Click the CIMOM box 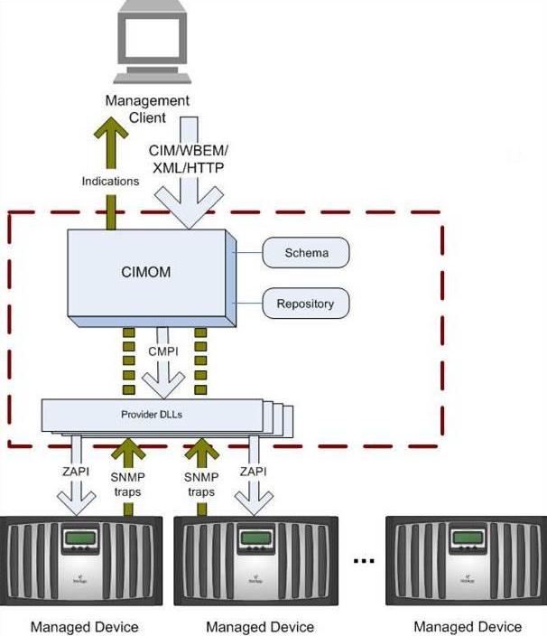pos(147,271)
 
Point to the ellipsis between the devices pos(364,562)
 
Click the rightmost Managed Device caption pos(468,626)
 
